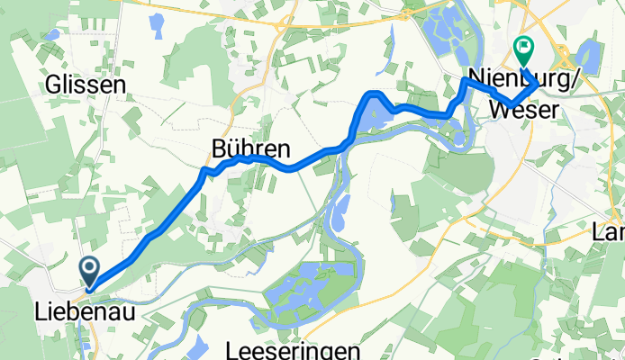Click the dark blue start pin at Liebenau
point(90,271)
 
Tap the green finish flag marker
point(522,47)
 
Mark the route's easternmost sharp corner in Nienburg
point(539,84)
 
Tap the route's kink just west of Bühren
point(206,169)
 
